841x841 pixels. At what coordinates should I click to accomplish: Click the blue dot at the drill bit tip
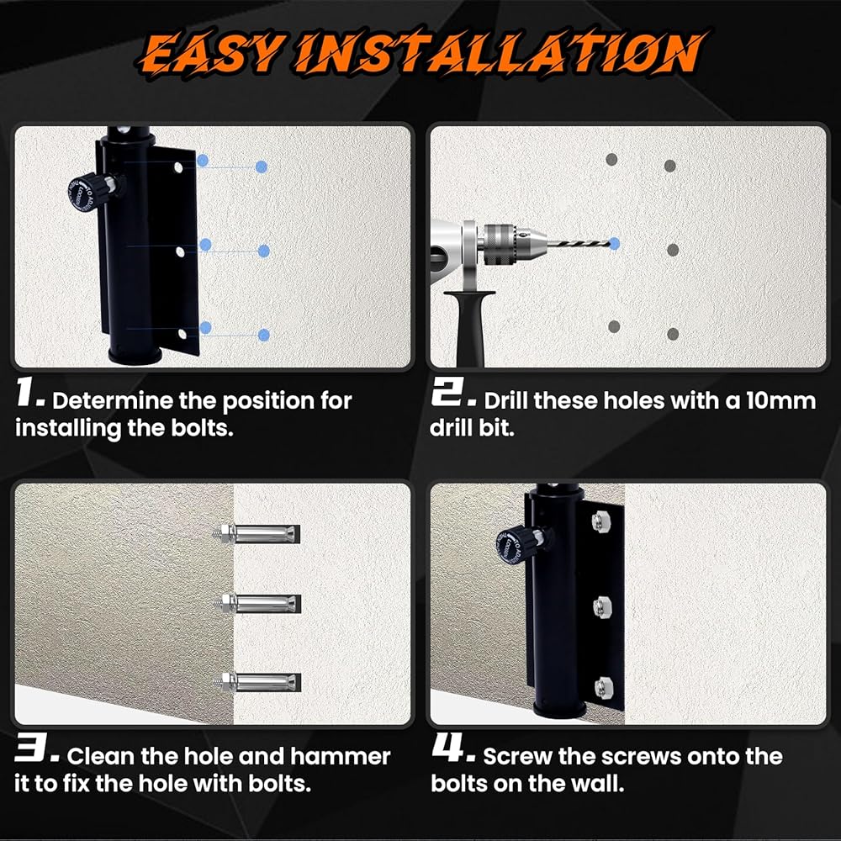tap(614, 244)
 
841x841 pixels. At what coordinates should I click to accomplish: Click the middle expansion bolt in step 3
tap(260, 604)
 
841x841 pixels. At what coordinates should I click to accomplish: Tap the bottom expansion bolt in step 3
tap(260, 682)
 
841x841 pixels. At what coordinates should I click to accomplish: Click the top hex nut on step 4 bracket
tap(598, 521)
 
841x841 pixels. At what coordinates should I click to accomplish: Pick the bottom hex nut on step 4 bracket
tap(603, 685)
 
